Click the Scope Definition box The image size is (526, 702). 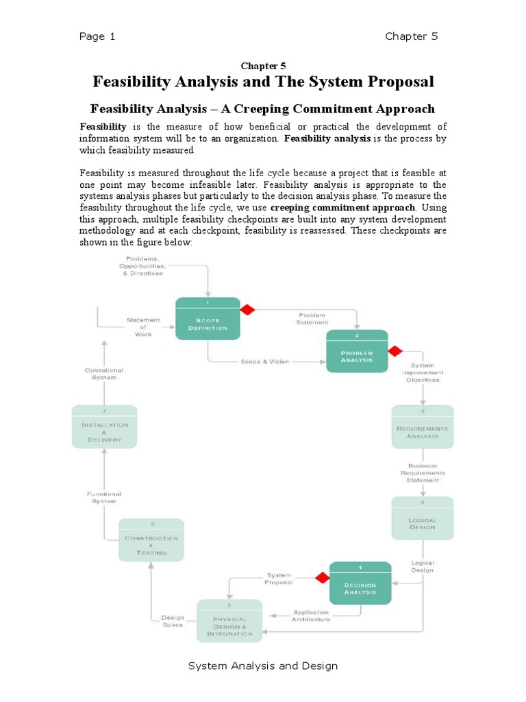(x=208, y=318)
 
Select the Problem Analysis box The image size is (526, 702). (x=357, y=351)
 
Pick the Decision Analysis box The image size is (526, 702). (x=360, y=583)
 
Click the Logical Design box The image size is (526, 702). (x=423, y=520)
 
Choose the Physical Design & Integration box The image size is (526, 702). (x=229, y=620)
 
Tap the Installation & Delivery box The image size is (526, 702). (x=104, y=426)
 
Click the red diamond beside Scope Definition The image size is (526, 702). (x=247, y=310)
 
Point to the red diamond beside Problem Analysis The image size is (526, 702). (x=395, y=351)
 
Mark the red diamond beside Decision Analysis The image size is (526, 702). (x=322, y=577)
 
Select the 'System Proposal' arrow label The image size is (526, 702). (x=279, y=579)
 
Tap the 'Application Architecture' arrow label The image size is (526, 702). (x=311, y=616)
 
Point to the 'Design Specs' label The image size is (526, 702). (x=172, y=620)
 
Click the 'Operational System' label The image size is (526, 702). (x=104, y=374)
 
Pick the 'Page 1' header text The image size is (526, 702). (x=97, y=37)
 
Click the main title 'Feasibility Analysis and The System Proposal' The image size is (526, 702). (x=263, y=82)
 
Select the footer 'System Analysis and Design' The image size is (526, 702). (x=263, y=666)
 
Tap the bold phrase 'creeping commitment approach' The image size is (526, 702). (x=342, y=208)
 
